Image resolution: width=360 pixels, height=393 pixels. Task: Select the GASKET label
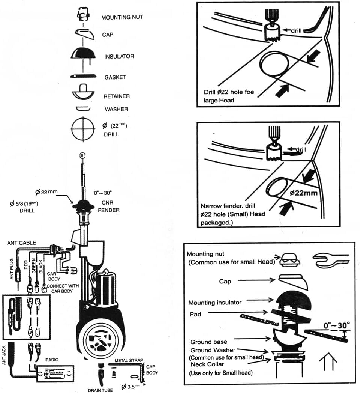[x=115, y=77]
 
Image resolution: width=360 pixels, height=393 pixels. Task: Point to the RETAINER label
[x=117, y=96]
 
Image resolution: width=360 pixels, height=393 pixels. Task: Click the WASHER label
[x=116, y=109]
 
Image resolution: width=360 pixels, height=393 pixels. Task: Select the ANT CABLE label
[x=22, y=243]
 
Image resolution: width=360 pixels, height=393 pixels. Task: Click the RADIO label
[x=52, y=360]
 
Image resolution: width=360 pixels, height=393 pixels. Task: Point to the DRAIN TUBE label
[x=100, y=390]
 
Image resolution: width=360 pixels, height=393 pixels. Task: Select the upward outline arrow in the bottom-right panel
[x=328, y=363]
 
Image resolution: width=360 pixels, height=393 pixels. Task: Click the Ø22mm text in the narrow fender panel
[x=303, y=193]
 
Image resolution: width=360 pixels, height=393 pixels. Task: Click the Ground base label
[x=208, y=342]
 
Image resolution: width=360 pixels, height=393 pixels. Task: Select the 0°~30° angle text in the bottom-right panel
[x=337, y=324]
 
